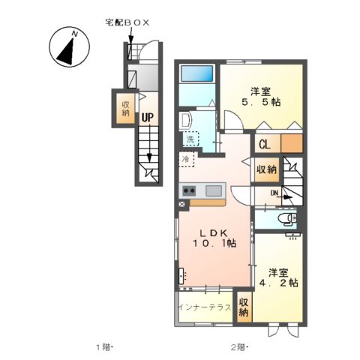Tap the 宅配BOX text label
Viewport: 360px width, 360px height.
[127, 23]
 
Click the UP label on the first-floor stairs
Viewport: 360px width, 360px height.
[147, 117]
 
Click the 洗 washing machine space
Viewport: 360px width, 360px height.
[190, 139]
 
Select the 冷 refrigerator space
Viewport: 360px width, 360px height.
[185, 158]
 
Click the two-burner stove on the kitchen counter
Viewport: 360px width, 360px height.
[187, 190]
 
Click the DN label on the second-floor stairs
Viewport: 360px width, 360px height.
[274, 193]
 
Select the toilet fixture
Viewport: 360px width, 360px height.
[285, 218]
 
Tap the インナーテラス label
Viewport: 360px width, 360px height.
[204, 308]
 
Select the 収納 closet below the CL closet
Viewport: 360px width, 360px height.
[265, 169]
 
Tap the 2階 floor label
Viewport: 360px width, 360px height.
[238, 346]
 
